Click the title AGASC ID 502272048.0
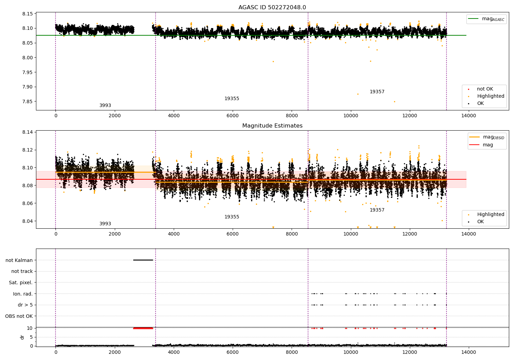point(272,8)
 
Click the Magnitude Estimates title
point(272,126)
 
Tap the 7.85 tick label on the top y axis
point(27,101)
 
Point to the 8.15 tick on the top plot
point(27,14)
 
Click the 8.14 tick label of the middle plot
point(27,132)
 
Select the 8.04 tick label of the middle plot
point(27,221)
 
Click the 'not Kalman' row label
point(19,260)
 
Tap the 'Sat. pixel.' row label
point(21,283)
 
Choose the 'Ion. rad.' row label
point(23,294)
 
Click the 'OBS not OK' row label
point(19,316)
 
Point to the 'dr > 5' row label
point(25,305)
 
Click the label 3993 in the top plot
point(105,106)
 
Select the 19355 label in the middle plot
point(232,217)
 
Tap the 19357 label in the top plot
point(377,92)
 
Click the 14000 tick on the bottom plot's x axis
point(468,352)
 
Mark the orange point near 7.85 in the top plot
point(394,101)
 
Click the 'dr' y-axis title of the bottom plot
point(22,337)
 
